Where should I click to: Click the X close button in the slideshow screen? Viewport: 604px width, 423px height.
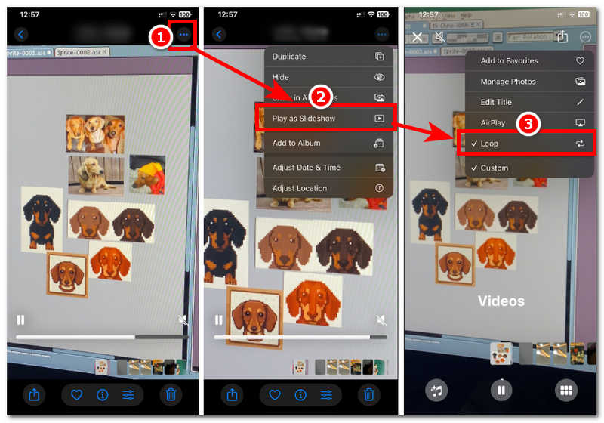point(418,36)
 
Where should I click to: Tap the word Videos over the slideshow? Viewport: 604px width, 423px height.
point(501,301)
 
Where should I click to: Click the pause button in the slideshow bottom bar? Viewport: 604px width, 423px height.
point(500,390)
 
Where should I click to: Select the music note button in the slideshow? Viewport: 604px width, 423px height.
point(436,390)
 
